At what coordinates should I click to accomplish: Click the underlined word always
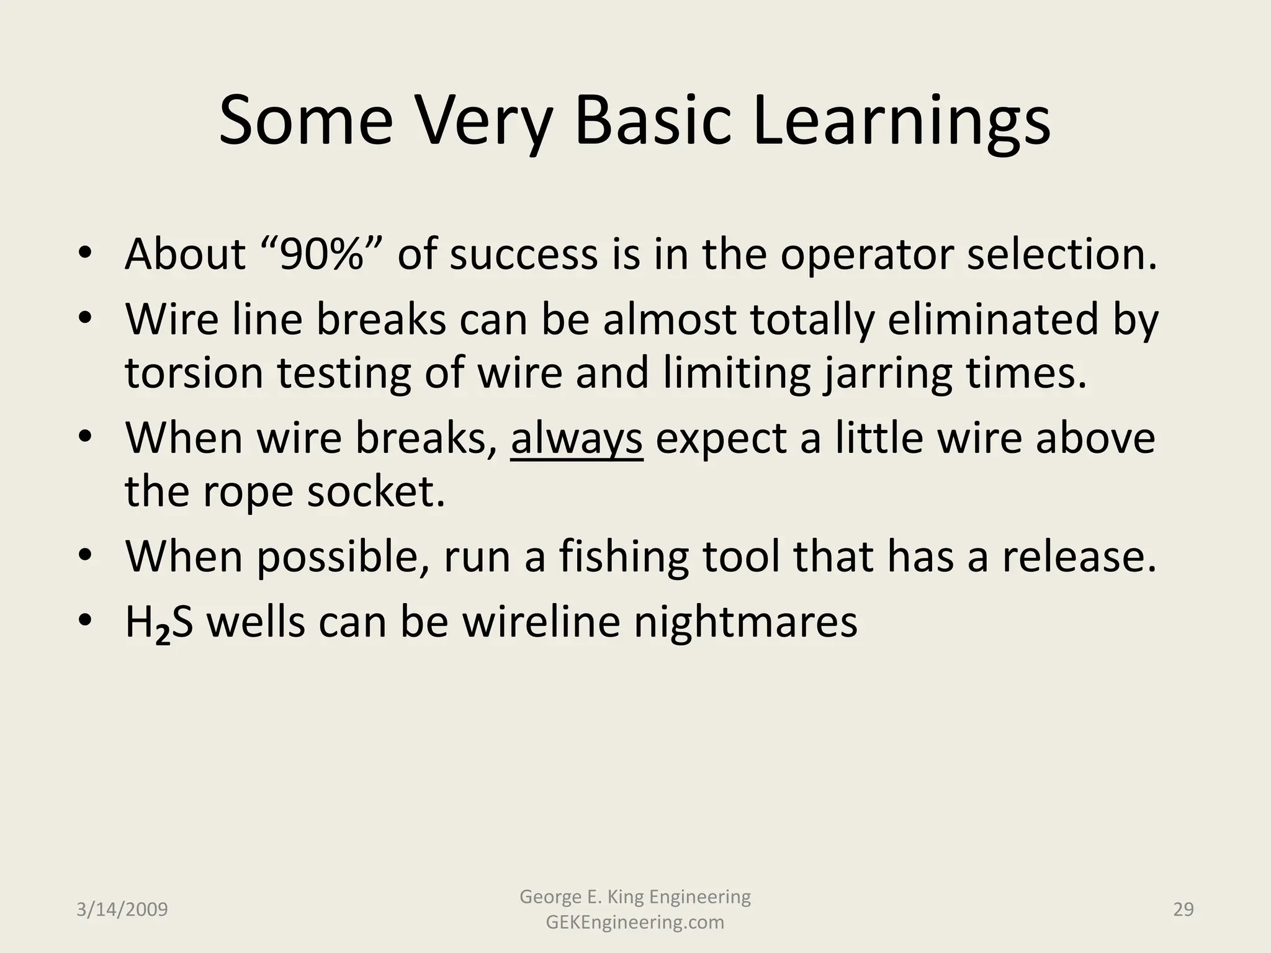(576, 438)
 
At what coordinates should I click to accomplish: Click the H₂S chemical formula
(159, 622)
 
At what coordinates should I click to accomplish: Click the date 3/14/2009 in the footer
(122, 910)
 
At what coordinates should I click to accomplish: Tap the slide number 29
(1183, 910)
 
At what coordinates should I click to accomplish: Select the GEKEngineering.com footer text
(635, 923)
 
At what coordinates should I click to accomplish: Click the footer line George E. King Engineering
(635, 897)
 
